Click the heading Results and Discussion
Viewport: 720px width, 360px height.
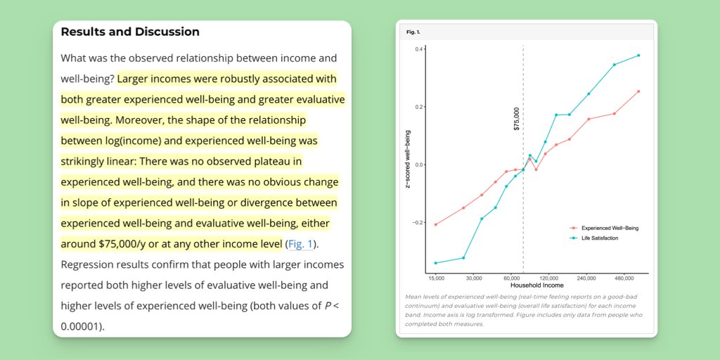tap(130, 32)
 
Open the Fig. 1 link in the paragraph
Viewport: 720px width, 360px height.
tap(301, 244)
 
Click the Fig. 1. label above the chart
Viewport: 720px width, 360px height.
tap(413, 32)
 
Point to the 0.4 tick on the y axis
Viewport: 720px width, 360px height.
tap(418, 49)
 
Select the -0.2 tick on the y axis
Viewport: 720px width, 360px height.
tap(417, 222)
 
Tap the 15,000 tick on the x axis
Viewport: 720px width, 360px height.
tap(436, 278)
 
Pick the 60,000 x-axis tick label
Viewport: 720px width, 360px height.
tap(512, 278)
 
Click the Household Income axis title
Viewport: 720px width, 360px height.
tap(536, 285)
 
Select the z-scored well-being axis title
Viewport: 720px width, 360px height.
tap(408, 161)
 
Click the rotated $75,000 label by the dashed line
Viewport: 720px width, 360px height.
tap(517, 119)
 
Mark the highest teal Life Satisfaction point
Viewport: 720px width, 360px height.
tap(638, 56)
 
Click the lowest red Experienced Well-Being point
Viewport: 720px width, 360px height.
tap(436, 225)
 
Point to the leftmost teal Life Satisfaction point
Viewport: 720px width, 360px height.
tap(436, 263)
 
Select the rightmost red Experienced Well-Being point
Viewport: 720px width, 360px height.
tap(638, 91)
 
